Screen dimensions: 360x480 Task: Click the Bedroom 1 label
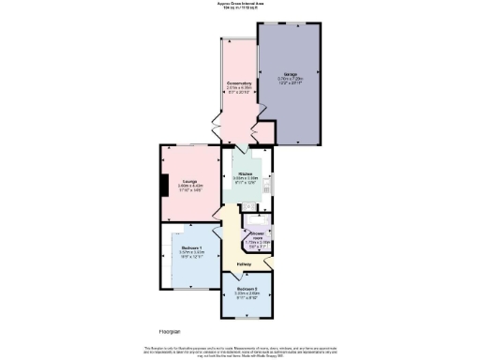(191, 247)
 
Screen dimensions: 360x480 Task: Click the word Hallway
(243, 263)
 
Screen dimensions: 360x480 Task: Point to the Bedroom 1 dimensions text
(191, 253)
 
